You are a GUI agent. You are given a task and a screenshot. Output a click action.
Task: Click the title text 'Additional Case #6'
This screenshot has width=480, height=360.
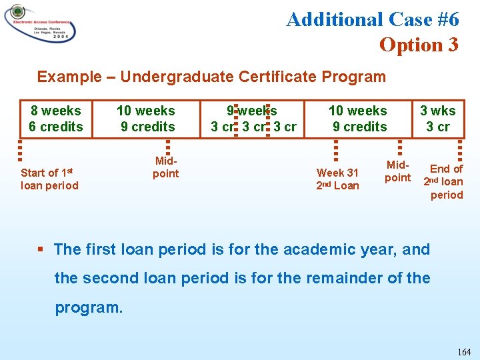(372, 19)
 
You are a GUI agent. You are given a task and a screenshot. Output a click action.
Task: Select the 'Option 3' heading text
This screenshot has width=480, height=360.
(419, 45)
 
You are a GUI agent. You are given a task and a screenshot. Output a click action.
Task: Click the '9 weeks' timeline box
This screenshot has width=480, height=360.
(253, 119)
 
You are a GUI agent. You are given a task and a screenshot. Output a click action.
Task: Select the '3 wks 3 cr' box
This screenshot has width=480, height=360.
(438, 119)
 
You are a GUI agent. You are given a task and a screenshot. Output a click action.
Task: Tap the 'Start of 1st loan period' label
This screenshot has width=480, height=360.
(49, 179)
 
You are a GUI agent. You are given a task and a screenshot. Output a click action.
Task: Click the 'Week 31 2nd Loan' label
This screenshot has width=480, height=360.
(337, 179)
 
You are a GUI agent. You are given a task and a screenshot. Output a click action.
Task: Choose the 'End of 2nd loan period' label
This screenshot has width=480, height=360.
(444, 181)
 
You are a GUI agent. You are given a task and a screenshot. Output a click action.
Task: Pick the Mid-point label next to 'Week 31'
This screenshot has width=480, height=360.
(397, 171)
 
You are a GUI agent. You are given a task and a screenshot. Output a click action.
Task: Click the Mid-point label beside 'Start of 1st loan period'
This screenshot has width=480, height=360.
(166, 167)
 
